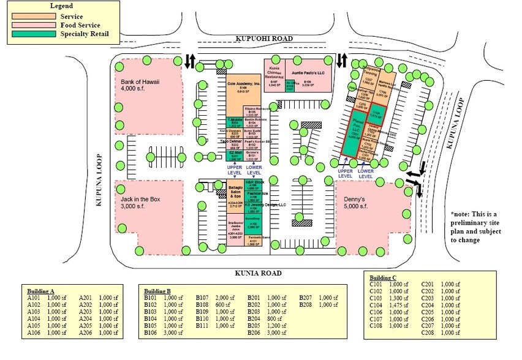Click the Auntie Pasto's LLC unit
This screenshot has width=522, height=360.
tap(309, 72)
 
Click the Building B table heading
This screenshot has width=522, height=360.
tap(161, 291)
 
